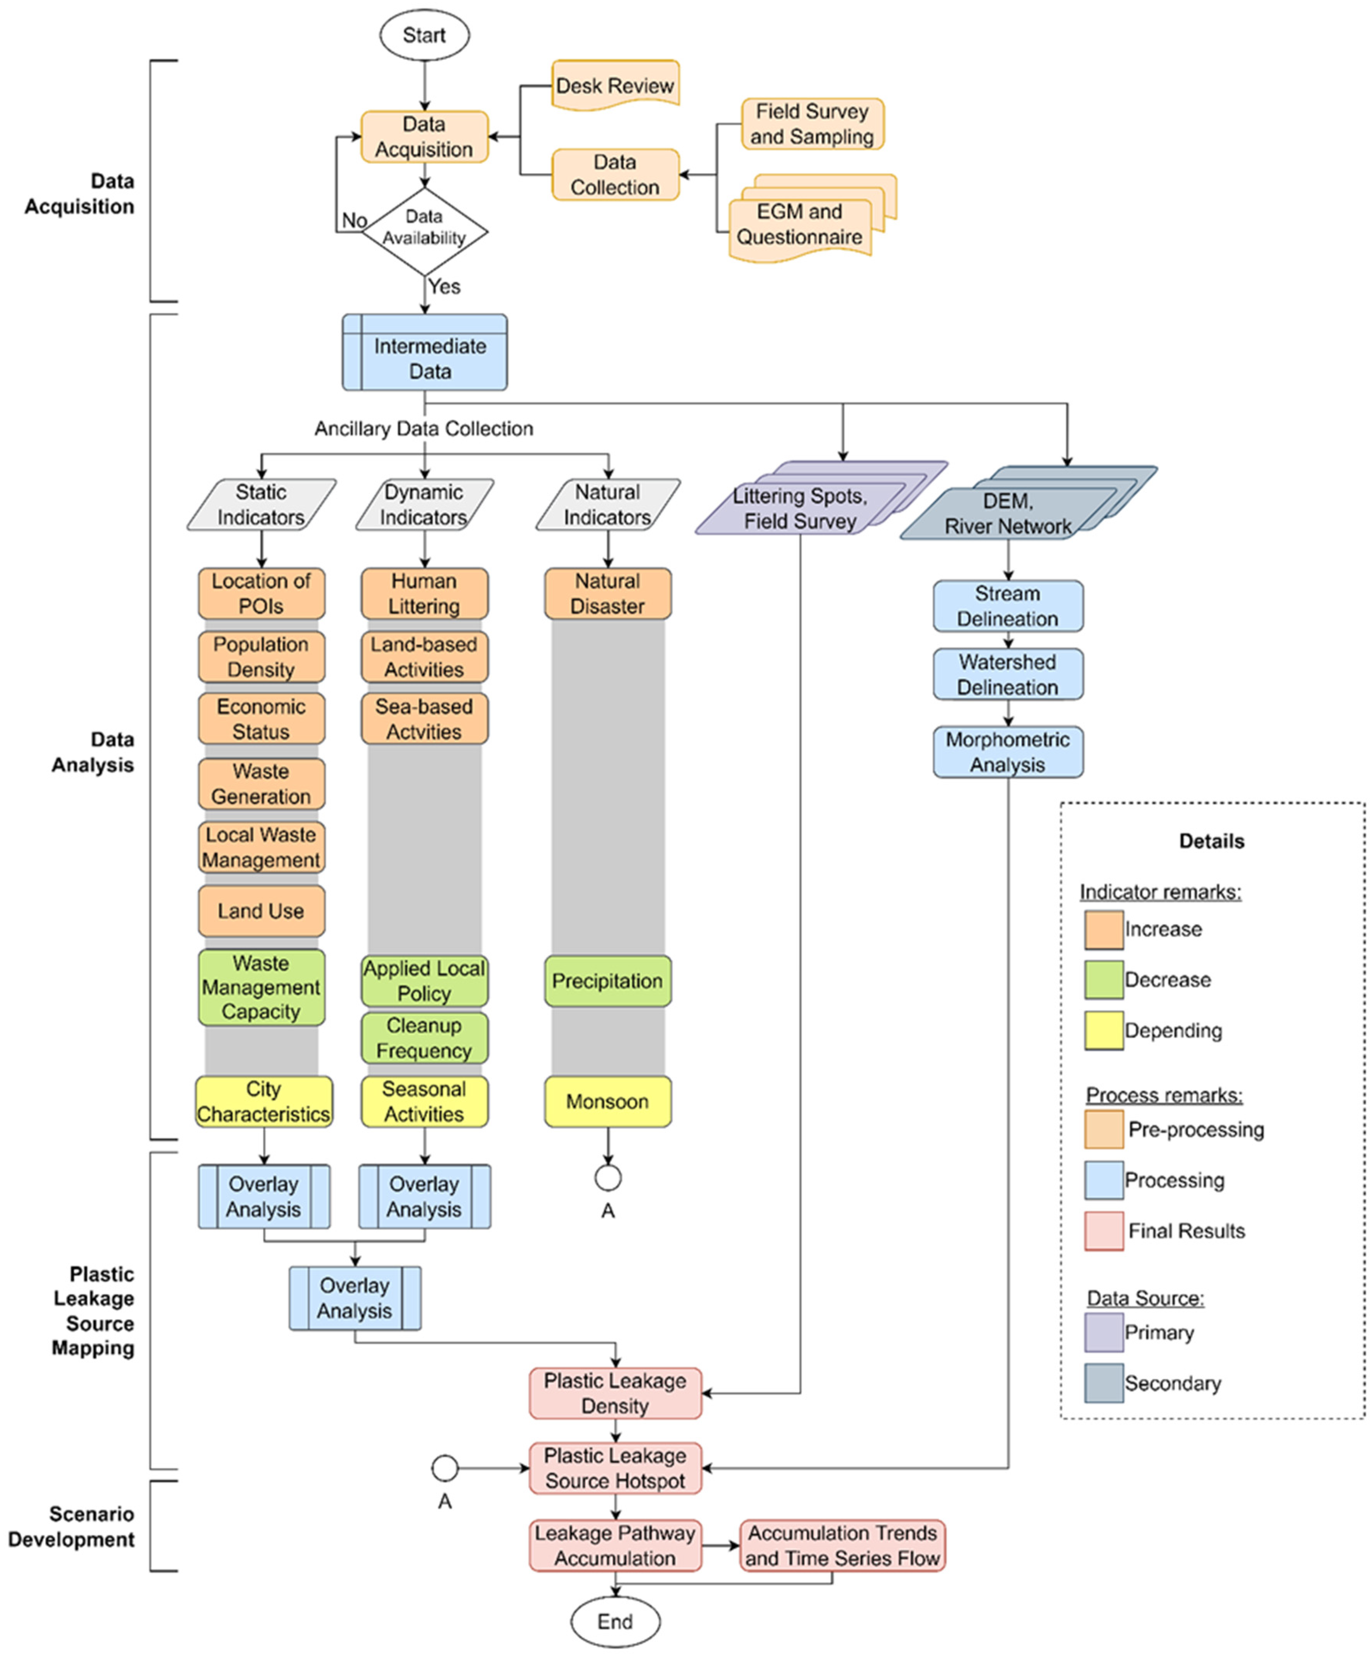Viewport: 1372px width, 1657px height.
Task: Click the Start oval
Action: click(425, 35)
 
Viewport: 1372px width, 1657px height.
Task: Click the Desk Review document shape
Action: click(615, 85)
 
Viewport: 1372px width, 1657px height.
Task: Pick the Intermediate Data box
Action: click(425, 352)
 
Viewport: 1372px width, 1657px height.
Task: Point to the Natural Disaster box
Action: click(607, 593)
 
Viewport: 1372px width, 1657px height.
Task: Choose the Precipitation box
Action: click(607, 981)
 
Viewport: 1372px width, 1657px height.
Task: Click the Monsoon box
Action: click(607, 1101)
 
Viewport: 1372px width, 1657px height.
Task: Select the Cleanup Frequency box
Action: click(425, 1038)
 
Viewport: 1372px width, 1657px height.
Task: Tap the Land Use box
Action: click(261, 911)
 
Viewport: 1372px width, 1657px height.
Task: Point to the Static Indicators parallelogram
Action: click(261, 504)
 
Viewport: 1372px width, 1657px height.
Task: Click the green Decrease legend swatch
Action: click(1104, 979)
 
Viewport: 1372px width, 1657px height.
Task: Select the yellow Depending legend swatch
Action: click(1104, 1030)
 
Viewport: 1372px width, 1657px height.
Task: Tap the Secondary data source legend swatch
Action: click(1104, 1383)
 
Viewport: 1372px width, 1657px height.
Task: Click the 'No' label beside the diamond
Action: click(354, 220)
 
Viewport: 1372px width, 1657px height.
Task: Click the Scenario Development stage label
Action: click(71, 1526)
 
